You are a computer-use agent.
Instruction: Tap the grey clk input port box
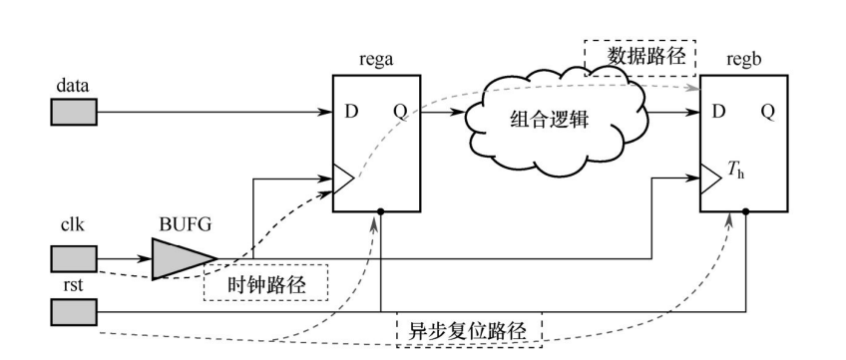coord(74,261)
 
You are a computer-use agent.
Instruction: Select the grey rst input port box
coord(74,314)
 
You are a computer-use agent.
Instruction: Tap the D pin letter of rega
coord(351,112)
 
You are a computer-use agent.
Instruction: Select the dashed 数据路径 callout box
coord(638,57)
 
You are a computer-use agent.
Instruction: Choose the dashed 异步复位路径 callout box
coord(469,330)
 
